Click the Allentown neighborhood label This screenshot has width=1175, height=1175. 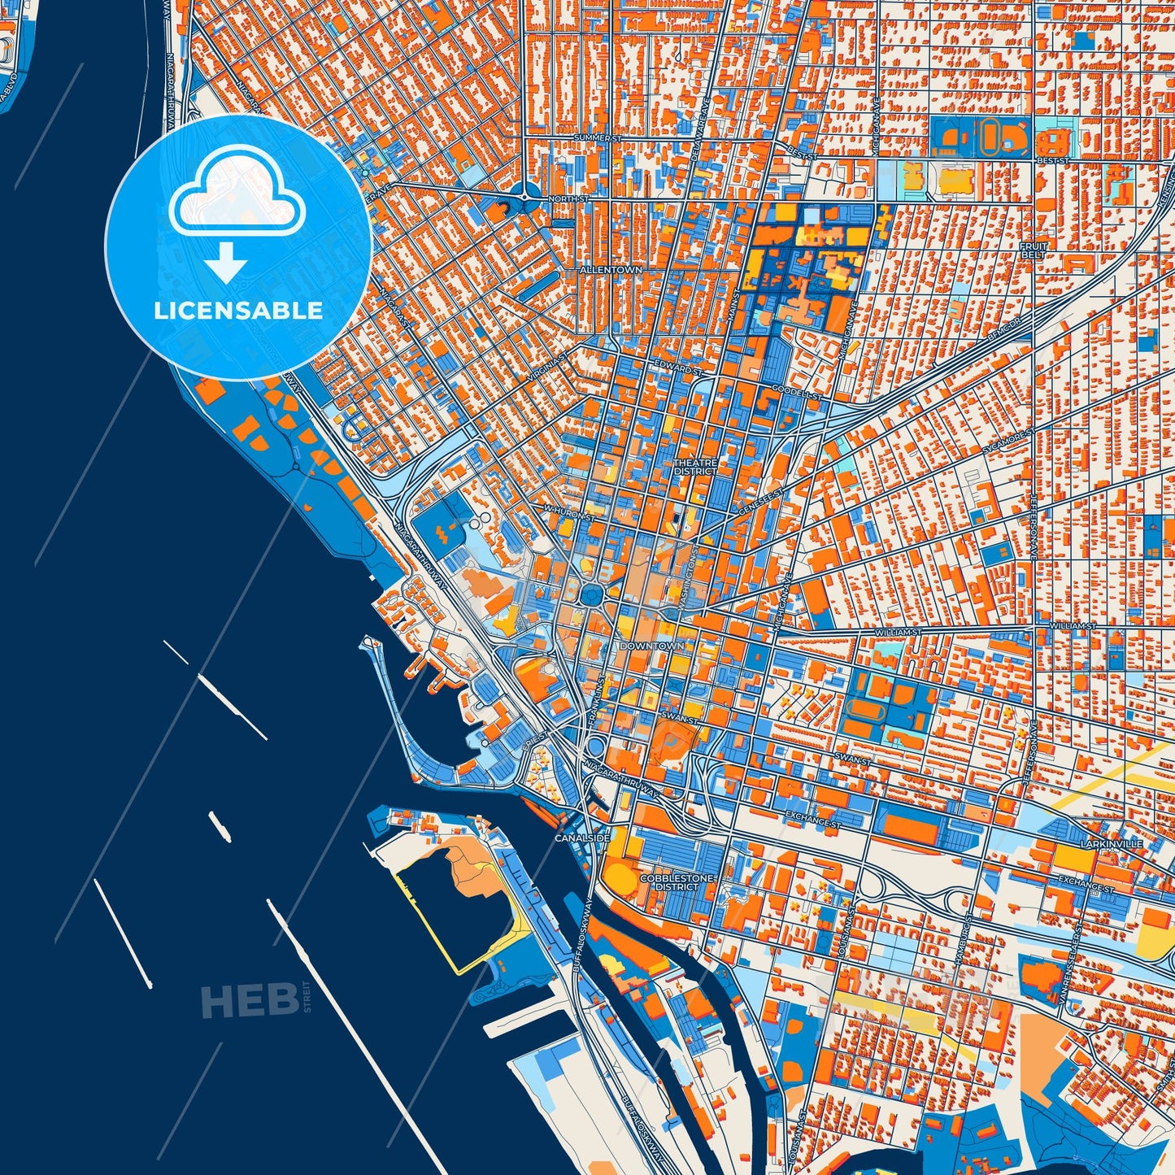610,269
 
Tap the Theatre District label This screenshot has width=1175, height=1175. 695,467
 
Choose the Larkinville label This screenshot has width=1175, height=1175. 1112,844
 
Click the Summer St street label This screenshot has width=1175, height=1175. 598,138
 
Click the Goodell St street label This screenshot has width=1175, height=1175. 797,392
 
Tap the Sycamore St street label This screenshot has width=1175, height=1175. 1007,440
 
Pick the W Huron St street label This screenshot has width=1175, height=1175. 569,514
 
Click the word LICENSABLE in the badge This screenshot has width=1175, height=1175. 238,311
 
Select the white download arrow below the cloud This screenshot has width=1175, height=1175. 226,262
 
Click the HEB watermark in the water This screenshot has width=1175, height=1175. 249,1000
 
